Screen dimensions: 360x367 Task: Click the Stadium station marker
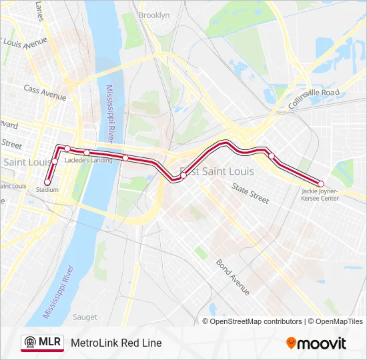[47, 182]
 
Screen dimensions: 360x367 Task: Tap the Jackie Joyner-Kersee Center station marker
[321, 184]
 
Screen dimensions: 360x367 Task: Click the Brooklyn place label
[154, 15]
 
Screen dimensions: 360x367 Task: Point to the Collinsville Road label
[314, 97]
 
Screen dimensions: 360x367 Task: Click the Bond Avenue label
[232, 276]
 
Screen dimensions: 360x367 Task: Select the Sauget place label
[85, 317]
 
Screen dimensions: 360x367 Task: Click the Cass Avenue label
[45, 91]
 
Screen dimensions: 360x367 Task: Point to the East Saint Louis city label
[217, 171]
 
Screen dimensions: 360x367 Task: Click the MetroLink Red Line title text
[116, 343]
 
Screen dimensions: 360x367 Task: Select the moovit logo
[316, 343]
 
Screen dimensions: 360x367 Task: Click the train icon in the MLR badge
[29, 343]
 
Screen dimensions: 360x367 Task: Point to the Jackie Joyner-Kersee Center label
[320, 195]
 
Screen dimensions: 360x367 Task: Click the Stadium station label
[47, 190]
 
